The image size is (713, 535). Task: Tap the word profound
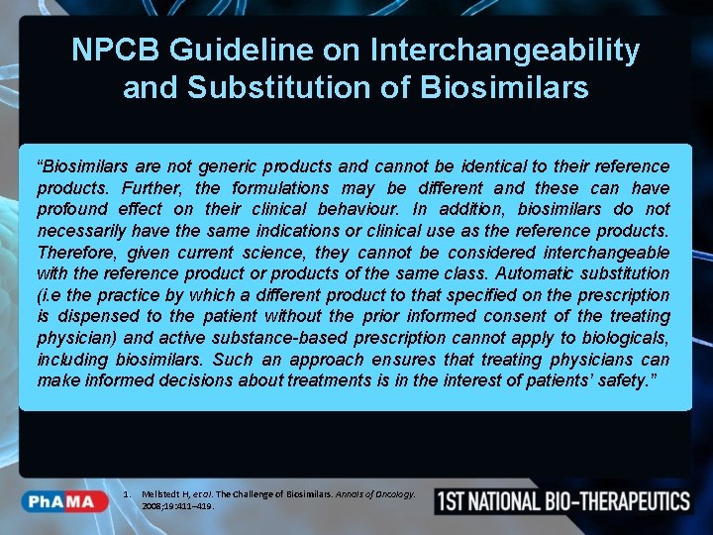click(x=72, y=209)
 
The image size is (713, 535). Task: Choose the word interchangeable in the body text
click(x=602, y=253)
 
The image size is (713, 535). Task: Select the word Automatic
click(x=538, y=273)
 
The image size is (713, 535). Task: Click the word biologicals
click(x=620, y=338)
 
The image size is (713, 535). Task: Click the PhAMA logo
click(x=67, y=501)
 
